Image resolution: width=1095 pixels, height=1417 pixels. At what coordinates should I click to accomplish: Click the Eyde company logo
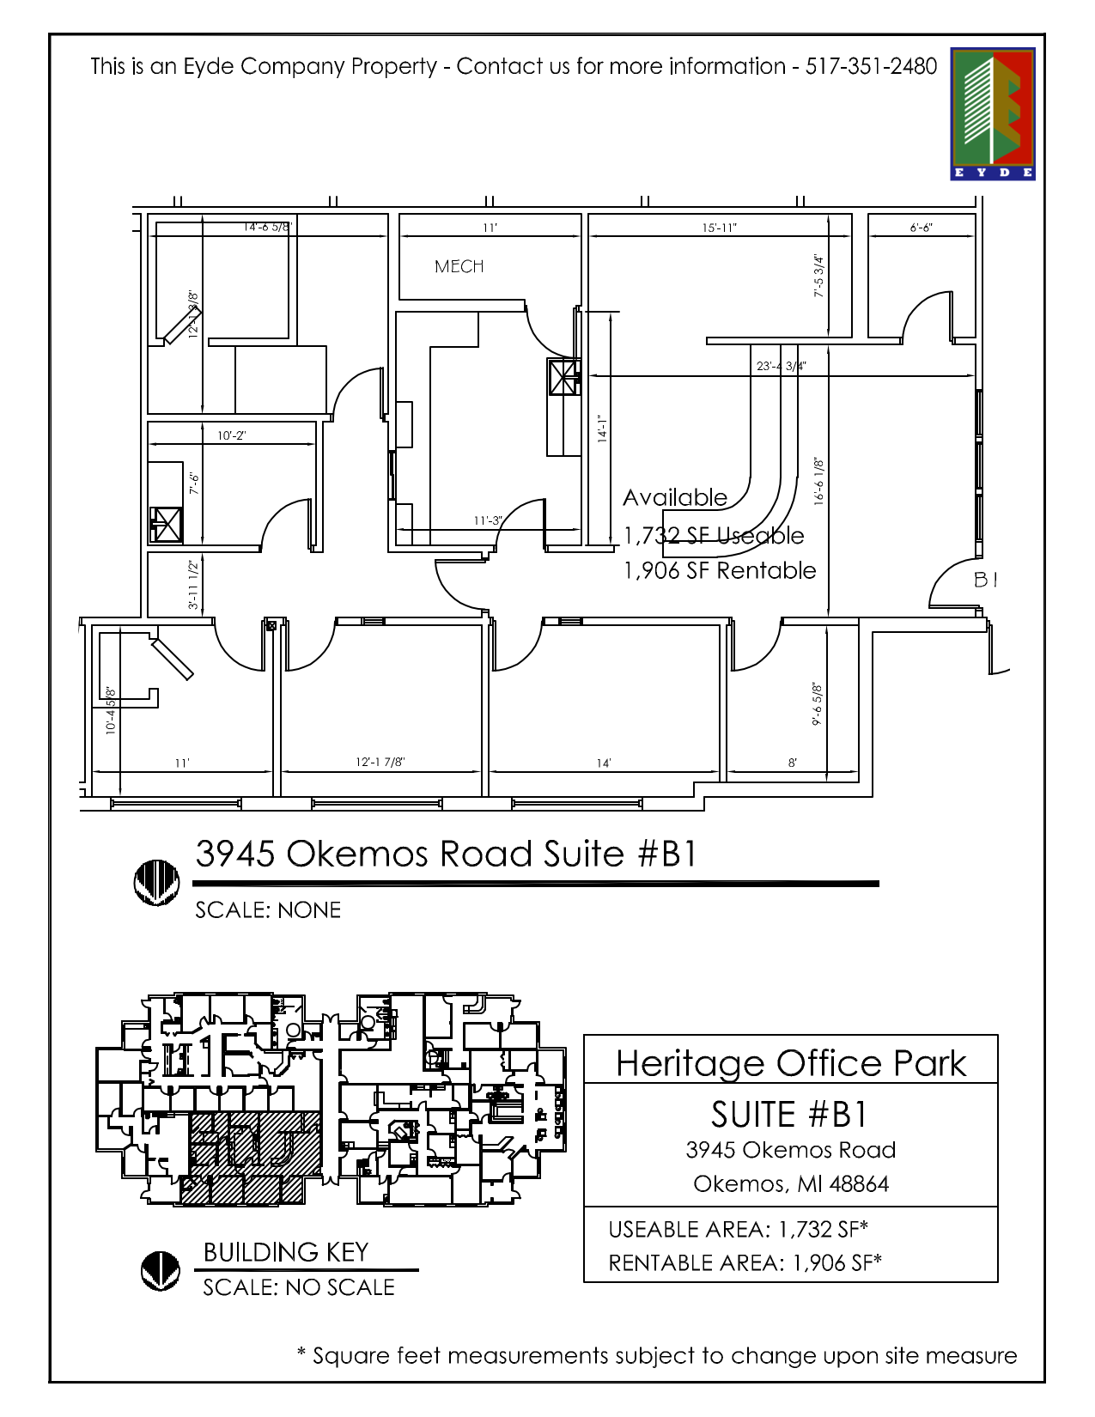pyautogui.click(x=992, y=113)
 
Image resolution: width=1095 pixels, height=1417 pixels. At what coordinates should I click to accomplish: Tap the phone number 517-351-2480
pyautogui.click(x=870, y=66)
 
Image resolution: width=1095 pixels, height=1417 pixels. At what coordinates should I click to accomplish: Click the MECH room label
pyautogui.click(x=459, y=267)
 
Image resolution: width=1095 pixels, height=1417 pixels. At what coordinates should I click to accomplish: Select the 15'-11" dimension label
pyautogui.click(x=719, y=228)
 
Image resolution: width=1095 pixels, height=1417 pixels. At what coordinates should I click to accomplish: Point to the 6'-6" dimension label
pyautogui.click(x=921, y=228)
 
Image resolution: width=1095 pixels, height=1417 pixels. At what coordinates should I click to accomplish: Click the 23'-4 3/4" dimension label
pyautogui.click(x=781, y=366)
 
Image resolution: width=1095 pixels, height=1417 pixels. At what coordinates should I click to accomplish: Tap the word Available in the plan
pyautogui.click(x=675, y=498)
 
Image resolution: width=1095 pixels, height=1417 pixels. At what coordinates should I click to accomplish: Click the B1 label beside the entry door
pyautogui.click(x=985, y=580)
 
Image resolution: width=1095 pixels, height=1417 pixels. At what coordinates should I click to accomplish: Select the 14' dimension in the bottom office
pyautogui.click(x=604, y=763)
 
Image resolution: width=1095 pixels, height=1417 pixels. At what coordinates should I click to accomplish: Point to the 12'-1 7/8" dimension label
pyautogui.click(x=380, y=762)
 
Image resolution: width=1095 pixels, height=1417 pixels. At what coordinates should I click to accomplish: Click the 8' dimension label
pyautogui.click(x=792, y=763)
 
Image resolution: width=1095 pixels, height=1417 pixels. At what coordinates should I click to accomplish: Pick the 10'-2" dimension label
pyautogui.click(x=231, y=435)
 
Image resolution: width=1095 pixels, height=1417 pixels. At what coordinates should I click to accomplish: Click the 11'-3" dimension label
pyautogui.click(x=487, y=520)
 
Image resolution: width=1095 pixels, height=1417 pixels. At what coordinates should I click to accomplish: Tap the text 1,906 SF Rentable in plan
pyautogui.click(x=720, y=570)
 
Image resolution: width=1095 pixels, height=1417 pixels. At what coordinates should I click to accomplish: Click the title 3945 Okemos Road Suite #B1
pyautogui.click(x=446, y=854)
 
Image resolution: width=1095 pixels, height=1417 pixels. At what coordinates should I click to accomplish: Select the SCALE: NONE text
pyautogui.click(x=268, y=910)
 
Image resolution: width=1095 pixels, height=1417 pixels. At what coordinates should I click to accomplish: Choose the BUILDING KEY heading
pyautogui.click(x=286, y=1252)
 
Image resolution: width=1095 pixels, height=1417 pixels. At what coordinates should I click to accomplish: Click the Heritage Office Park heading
pyautogui.click(x=791, y=1063)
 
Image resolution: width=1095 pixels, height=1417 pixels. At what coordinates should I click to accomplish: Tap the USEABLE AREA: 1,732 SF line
pyautogui.click(x=738, y=1230)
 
